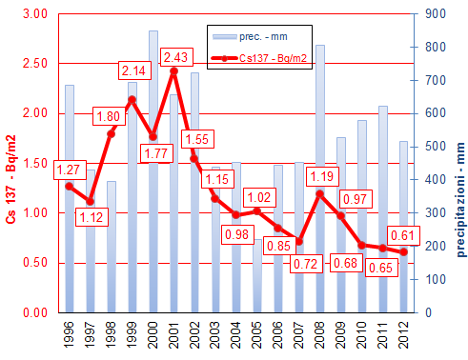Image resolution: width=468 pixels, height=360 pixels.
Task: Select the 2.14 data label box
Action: click(134, 70)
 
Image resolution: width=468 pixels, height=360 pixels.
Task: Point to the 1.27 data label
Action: click(70, 170)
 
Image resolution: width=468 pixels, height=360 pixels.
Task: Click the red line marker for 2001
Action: click(173, 70)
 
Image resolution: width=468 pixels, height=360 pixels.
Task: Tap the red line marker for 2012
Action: click(403, 251)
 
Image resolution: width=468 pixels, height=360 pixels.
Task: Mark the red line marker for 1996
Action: click(70, 186)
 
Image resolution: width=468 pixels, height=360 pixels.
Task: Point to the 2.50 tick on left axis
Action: click(33, 64)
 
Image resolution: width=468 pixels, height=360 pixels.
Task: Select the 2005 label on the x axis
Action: click(257, 333)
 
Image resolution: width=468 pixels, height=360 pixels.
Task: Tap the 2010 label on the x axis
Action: click(361, 333)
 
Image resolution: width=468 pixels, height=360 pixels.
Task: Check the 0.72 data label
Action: click(281, 260)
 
